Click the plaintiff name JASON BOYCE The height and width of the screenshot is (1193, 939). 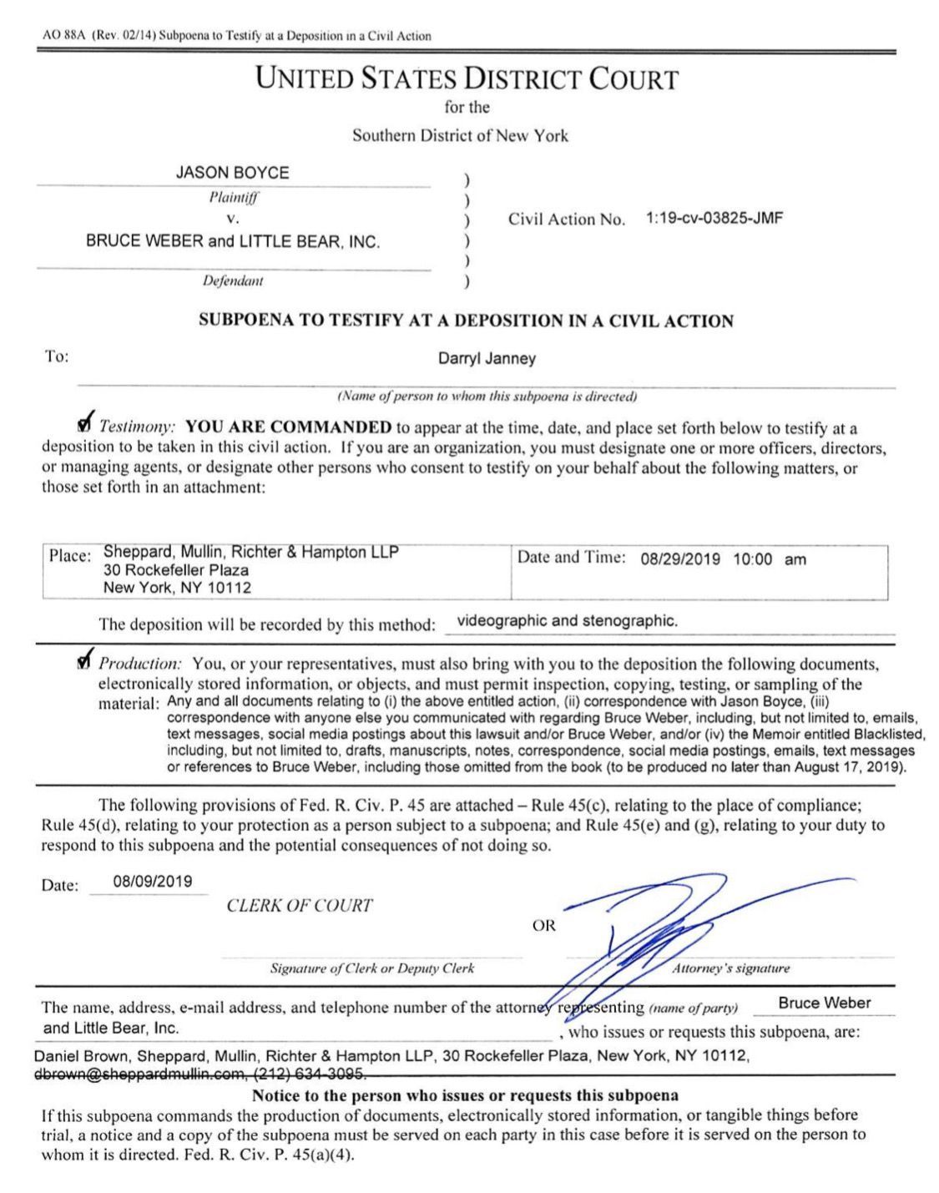[232, 173]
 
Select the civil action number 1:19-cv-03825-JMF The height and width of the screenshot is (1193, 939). [714, 219]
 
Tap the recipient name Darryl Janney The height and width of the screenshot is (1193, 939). [487, 359]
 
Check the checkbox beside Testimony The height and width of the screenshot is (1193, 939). [83, 422]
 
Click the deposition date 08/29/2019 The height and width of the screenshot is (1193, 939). [679, 559]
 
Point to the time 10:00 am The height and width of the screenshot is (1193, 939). [770, 559]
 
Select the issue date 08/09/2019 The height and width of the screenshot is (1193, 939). [152, 882]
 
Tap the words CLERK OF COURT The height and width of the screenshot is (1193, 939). [299, 906]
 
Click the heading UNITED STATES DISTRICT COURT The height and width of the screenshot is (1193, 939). [467, 79]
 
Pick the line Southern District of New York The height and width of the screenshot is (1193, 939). [460, 135]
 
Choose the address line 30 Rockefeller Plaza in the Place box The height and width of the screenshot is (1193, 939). [176, 570]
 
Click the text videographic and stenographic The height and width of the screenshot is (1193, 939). [568, 621]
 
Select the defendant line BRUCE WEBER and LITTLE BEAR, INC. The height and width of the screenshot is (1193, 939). [232, 242]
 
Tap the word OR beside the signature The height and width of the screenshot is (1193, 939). [543, 926]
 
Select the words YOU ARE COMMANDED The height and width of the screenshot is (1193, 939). [288, 428]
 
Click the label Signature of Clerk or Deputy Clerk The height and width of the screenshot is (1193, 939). [372, 968]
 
